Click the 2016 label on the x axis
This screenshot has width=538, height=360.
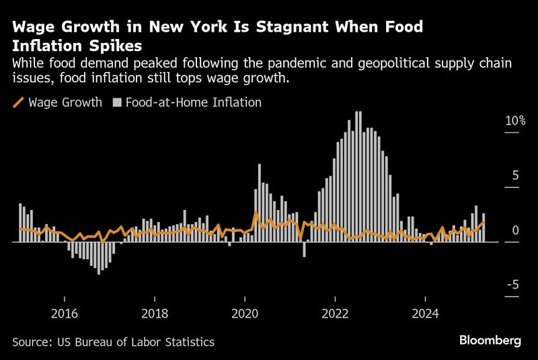(65, 314)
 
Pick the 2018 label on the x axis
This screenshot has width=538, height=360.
(155, 314)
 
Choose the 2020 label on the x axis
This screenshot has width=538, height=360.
(245, 314)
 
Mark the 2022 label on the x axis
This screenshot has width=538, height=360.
(335, 314)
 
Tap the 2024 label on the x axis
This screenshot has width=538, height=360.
(425, 314)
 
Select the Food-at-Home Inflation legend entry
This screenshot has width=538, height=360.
(192, 103)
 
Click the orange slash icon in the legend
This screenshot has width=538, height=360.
(19, 103)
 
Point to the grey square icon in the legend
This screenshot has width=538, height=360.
(116, 103)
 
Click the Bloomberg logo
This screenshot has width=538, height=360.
(490, 340)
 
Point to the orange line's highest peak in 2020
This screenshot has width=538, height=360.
(256, 213)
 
